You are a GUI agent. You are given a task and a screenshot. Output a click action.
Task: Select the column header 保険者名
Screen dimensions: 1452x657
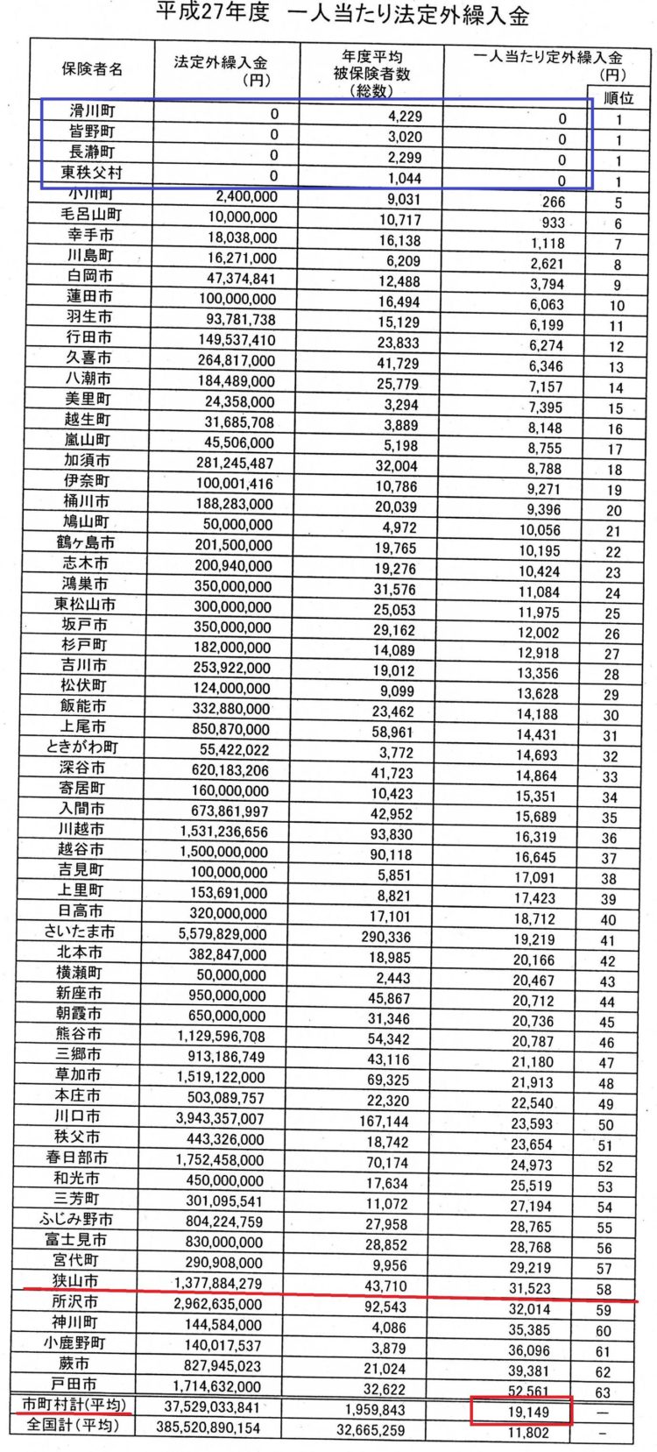point(92,69)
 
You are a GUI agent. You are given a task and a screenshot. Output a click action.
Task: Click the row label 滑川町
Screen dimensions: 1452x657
point(92,110)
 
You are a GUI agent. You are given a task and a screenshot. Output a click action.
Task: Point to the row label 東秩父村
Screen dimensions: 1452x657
point(91,173)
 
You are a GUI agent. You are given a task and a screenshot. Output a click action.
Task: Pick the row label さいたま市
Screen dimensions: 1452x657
point(80,931)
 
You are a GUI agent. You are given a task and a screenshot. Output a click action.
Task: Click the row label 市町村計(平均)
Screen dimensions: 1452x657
point(74,1405)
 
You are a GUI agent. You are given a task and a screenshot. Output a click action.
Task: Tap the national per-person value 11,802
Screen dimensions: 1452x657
point(532,1433)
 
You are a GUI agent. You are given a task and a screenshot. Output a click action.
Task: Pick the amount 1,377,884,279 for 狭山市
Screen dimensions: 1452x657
point(218,1284)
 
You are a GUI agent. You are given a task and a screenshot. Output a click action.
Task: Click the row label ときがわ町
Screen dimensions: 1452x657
point(81,747)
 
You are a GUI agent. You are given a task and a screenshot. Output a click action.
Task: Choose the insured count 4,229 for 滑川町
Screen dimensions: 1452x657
point(404,116)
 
